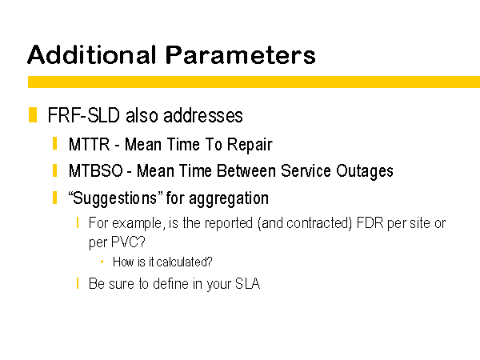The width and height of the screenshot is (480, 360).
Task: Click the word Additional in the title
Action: click(x=92, y=54)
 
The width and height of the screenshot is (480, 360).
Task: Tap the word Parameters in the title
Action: click(x=240, y=54)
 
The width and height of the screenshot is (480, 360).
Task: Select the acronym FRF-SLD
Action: click(x=83, y=115)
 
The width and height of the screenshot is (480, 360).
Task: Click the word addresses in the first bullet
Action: click(x=203, y=115)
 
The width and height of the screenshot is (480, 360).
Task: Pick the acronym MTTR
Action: click(x=89, y=144)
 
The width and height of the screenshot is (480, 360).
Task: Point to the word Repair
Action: click(x=250, y=145)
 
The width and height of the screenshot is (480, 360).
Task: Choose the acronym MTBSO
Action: click(x=96, y=171)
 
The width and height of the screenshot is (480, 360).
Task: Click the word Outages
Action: click(x=365, y=171)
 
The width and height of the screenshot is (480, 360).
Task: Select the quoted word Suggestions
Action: click(x=115, y=198)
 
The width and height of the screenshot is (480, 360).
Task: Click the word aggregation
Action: click(x=229, y=198)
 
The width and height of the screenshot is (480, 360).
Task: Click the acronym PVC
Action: click(x=128, y=242)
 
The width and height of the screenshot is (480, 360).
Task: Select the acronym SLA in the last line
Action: click(x=248, y=283)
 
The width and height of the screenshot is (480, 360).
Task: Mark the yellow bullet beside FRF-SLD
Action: click(x=33, y=114)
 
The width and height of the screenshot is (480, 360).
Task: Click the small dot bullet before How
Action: click(x=102, y=262)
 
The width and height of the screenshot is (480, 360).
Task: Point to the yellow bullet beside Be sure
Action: click(x=78, y=283)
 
